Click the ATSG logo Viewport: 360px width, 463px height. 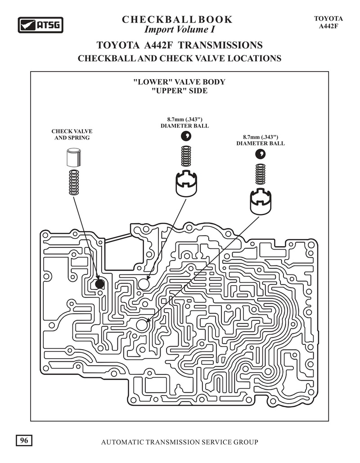point(40,25)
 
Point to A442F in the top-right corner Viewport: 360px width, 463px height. point(328,26)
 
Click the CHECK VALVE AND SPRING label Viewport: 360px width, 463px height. point(72,134)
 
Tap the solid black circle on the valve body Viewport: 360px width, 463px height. point(100,284)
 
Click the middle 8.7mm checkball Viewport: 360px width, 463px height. point(185,136)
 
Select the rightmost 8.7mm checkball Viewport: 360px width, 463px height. point(261,154)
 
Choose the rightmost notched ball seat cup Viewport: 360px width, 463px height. point(260,202)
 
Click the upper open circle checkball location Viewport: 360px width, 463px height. point(144,284)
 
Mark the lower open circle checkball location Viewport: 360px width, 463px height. point(143,324)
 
